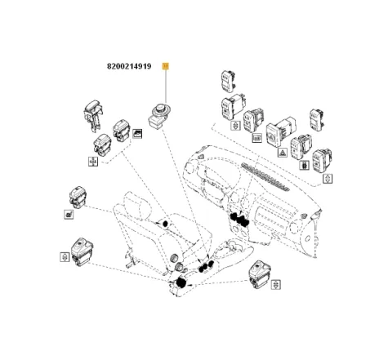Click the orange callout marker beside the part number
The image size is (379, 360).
pyautogui.click(x=166, y=66)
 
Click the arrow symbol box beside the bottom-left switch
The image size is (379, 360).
pyautogui.click(x=63, y=256)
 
